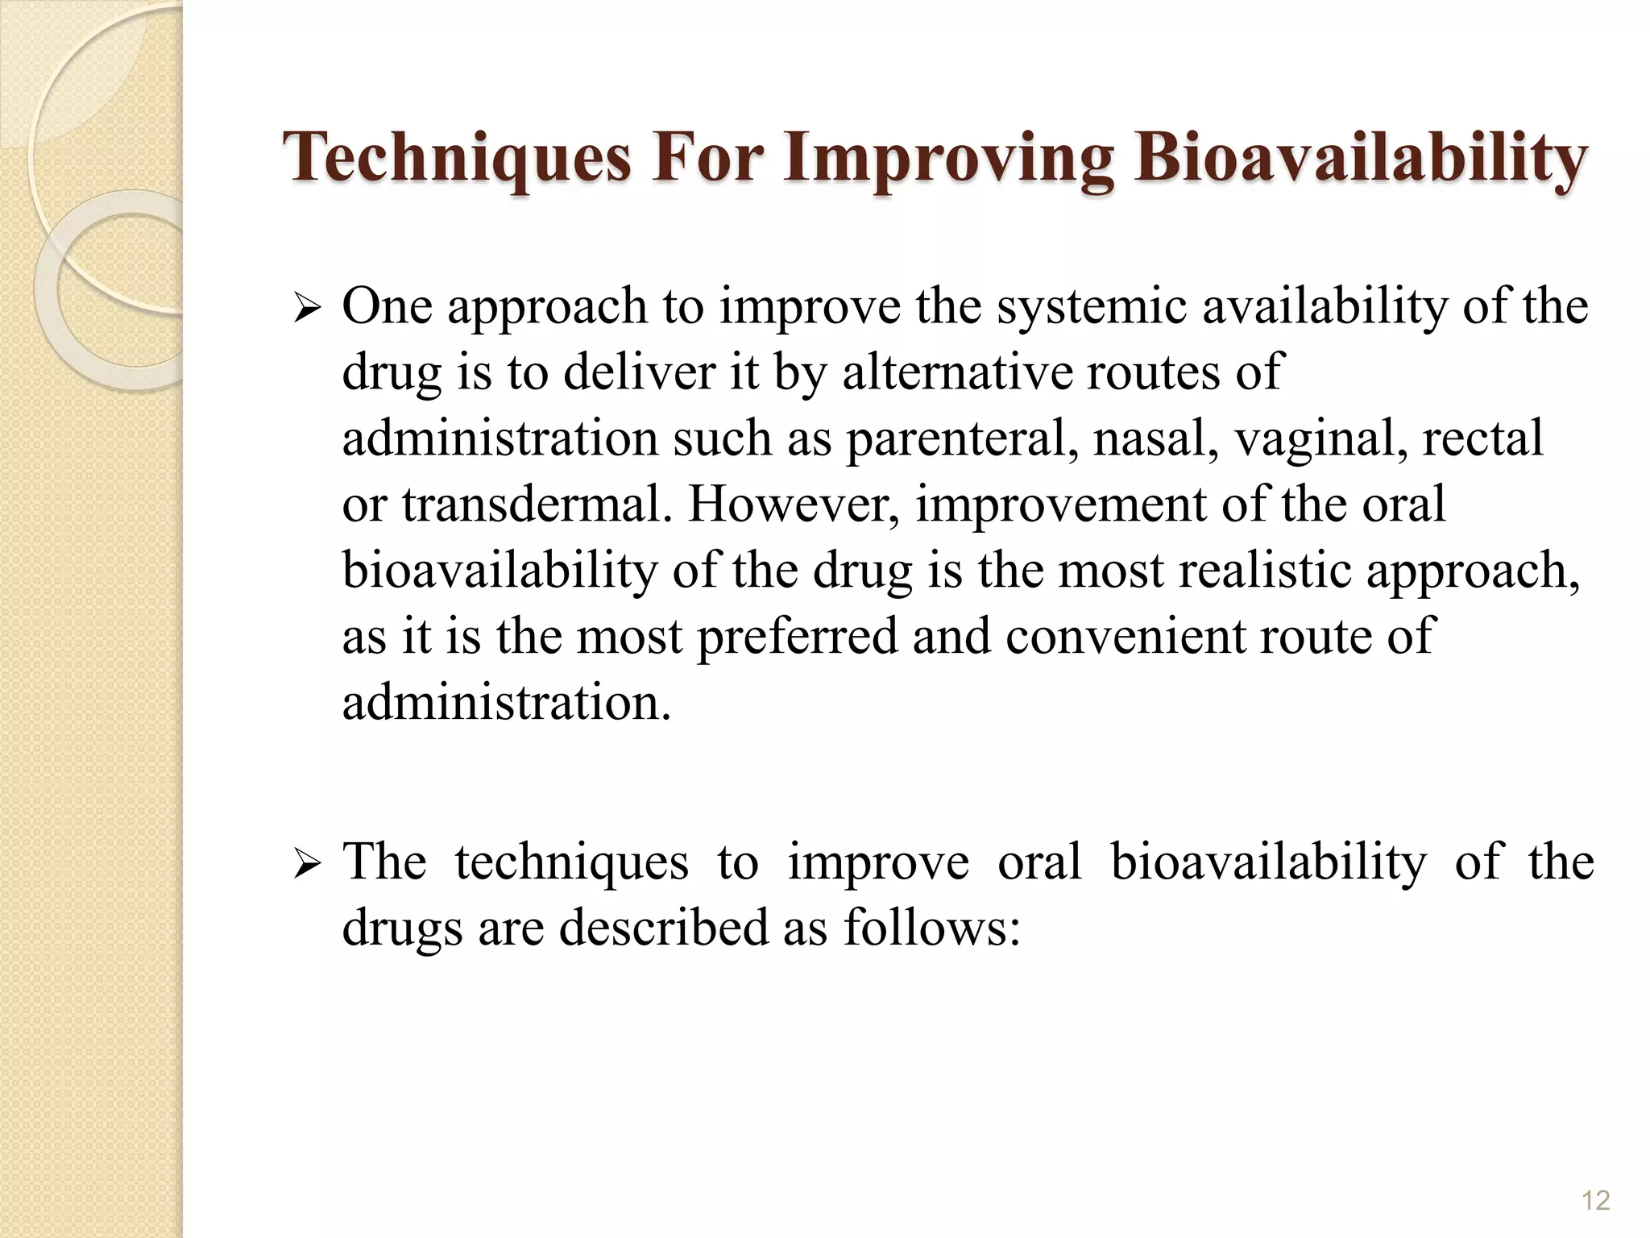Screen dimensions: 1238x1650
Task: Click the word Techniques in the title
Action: click(x=457, y=157)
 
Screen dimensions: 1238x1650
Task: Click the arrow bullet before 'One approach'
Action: click(x=308, y=309)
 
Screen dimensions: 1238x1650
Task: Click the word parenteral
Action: click(x=962, y=440)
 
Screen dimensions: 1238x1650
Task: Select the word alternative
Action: click(x=958, y=373)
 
